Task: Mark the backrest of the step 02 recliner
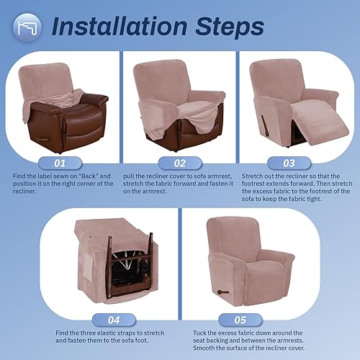(176, 79)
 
